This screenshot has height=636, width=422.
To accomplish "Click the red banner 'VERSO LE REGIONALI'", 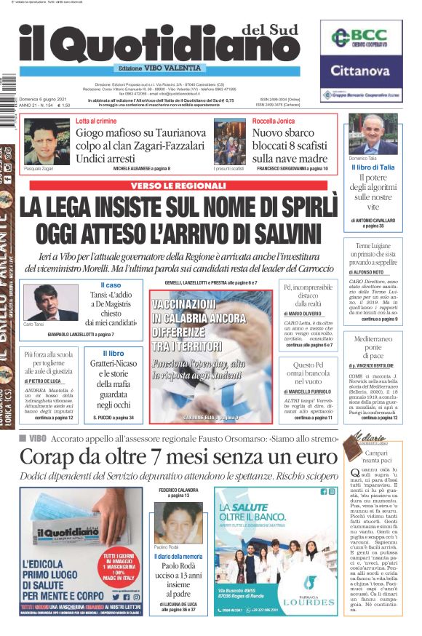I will point(178,186).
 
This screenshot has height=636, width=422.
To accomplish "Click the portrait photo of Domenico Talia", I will point(372,134).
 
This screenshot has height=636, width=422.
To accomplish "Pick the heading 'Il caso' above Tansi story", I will point(111,285).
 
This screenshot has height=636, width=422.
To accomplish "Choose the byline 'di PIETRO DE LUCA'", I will point(45,381).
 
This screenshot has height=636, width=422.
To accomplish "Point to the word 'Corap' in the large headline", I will point(50,456).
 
